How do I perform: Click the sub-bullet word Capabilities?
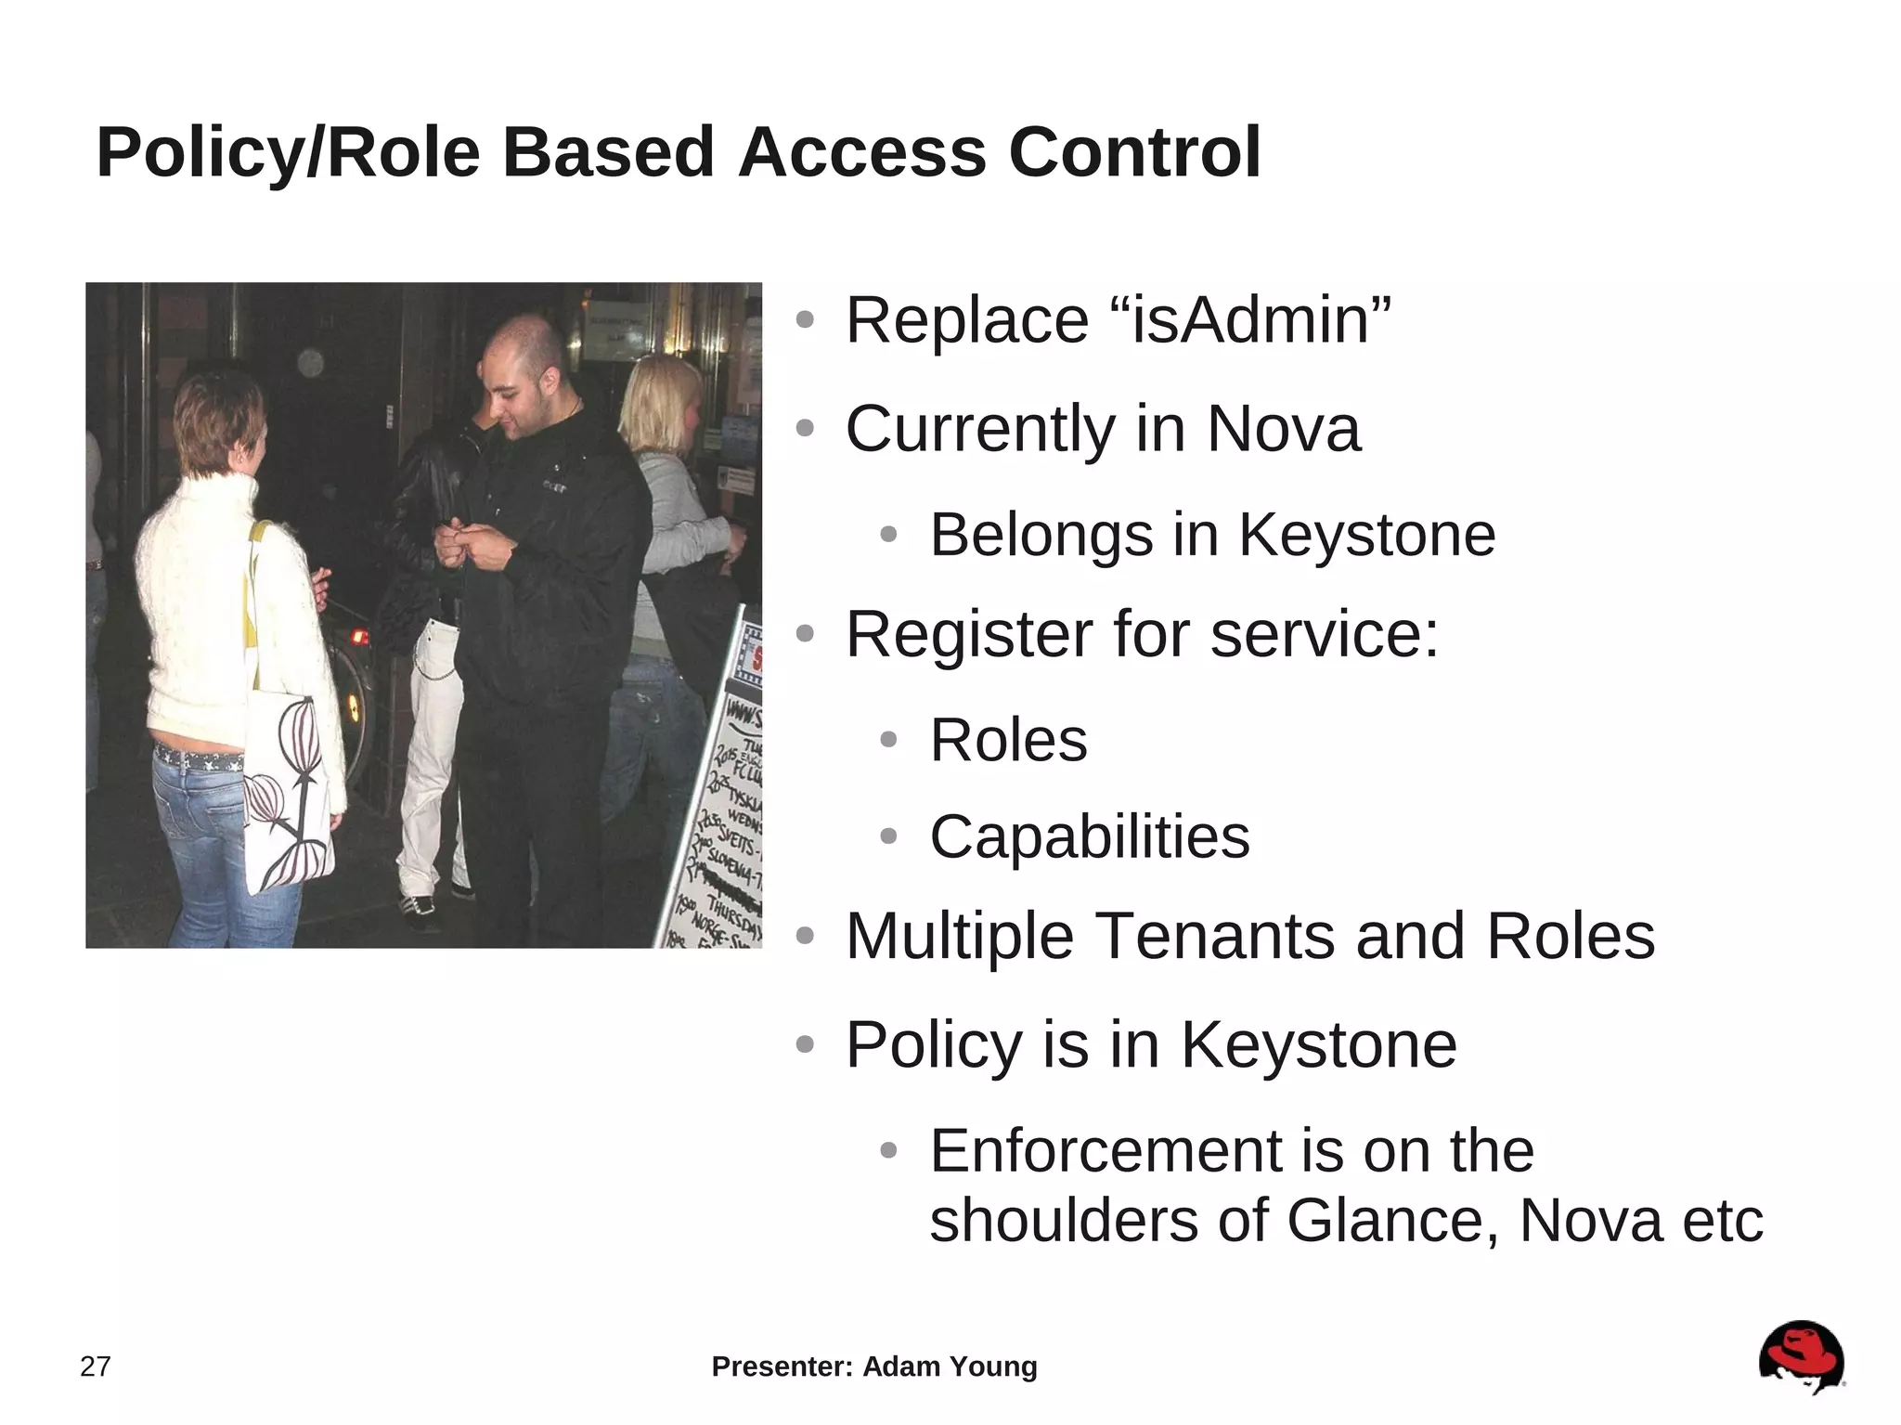pyautogui.click(x=1090, y=836)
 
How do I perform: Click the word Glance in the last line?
pyautogui.click(x=1392, y=1220)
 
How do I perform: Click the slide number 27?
pyautogui.click(x=96, y=1367)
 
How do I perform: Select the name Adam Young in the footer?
pyautogui.click(x=950, y=1367)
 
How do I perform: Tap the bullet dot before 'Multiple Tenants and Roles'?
pyautogui.click(x=805, y=936)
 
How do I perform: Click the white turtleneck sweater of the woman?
pyautogui.click(x=223, y=603)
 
